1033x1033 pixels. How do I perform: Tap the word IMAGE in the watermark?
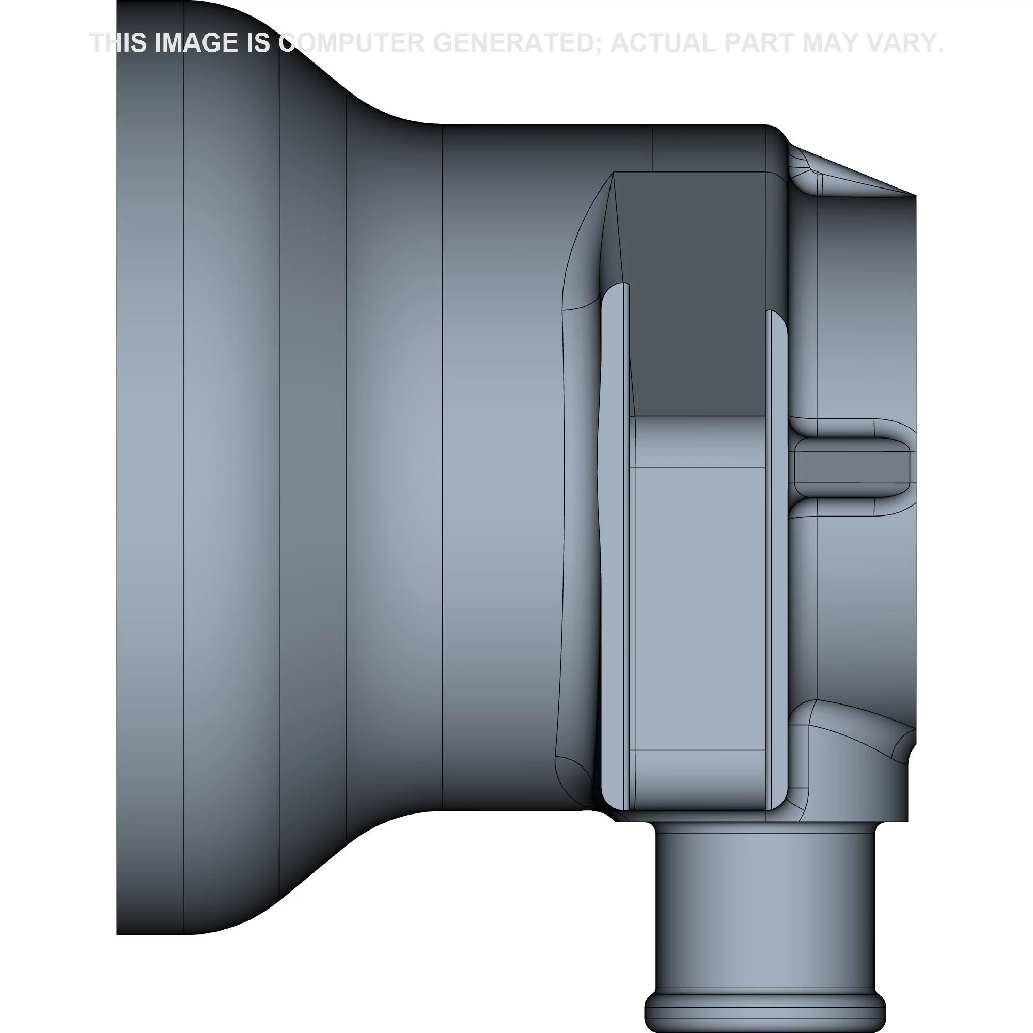[x=197, y=43]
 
